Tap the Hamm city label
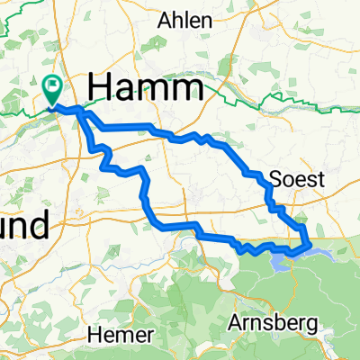pos(144,88)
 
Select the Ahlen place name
pos(185,20)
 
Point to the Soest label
pos(297,179)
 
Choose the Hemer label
pos(115,335)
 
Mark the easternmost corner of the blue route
pos(310,242)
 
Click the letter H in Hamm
pos(102,88)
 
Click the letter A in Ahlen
pos(165,20)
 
